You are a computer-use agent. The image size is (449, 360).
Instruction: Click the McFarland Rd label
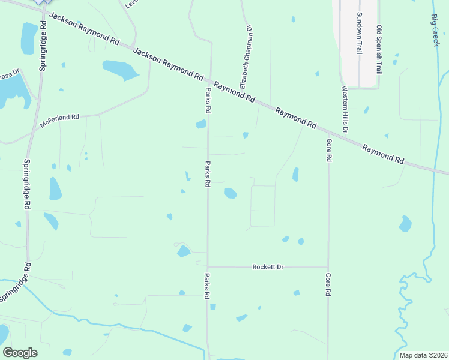59,119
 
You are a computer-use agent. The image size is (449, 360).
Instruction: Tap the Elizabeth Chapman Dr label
247,57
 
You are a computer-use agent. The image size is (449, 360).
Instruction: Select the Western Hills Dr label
345,110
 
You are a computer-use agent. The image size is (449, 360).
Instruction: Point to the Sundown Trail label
359,34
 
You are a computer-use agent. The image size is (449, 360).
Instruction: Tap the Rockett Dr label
268,267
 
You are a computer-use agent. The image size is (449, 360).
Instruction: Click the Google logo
20,353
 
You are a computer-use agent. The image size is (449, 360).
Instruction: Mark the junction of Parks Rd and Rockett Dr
208,267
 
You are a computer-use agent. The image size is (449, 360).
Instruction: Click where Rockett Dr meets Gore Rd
328,267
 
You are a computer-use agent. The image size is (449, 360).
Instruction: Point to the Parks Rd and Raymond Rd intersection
211,79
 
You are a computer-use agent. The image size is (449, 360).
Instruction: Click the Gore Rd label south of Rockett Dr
328,286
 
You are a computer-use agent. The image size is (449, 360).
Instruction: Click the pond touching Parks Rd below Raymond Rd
201,124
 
